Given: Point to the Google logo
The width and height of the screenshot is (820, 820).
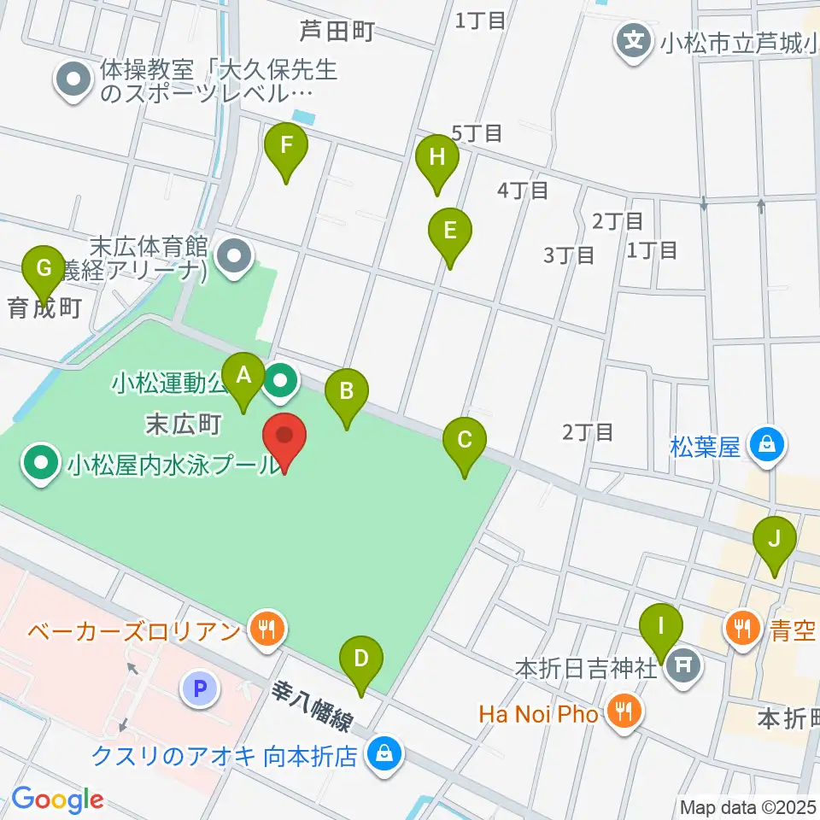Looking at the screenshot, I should (57, 800).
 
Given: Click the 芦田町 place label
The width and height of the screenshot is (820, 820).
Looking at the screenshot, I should (337, 32).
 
